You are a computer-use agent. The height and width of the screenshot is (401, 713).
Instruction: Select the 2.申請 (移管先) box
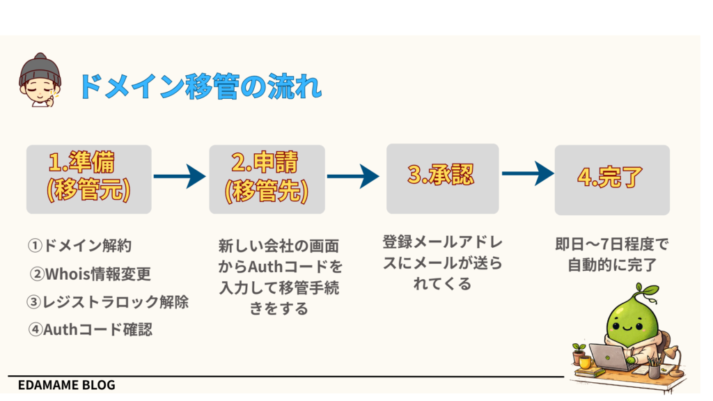click(x=267, y=179)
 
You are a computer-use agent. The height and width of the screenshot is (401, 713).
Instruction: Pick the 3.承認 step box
click(x=442, y=178)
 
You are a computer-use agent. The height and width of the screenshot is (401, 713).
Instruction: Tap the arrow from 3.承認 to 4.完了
click(x=528, y=174)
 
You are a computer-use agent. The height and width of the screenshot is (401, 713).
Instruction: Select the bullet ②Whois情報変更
click(x=90, y=274)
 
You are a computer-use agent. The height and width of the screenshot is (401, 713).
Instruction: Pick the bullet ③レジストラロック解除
click(x=108, y=302)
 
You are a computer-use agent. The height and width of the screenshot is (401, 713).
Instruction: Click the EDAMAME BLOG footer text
click(x=67, y=385)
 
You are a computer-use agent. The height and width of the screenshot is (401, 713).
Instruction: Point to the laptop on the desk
click(x=606, y=357)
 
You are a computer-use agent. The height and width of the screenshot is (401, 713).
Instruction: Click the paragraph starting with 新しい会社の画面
click(x=279, y=276)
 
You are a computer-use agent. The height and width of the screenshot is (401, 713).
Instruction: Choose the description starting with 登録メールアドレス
click(x=442, y=262)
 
